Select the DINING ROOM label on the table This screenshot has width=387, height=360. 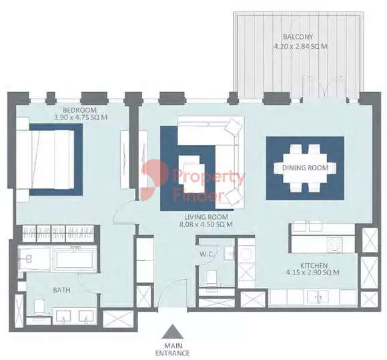point(305,168)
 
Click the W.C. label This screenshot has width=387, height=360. point(206,253)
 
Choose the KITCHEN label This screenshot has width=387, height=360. point(314,265)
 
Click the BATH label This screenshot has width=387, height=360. point(62,291)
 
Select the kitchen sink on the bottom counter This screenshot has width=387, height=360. point(322,297)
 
